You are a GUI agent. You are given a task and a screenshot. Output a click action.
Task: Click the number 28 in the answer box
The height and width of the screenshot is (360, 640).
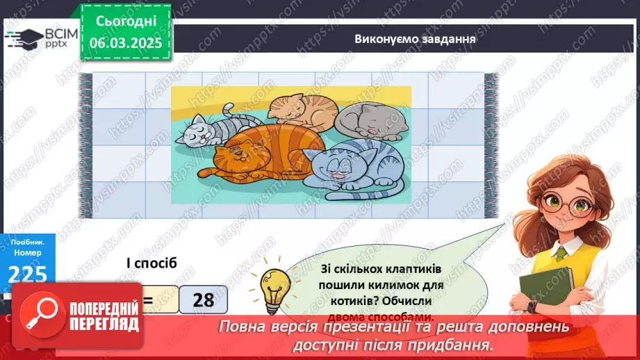pyautogui.click(x=203, y=300)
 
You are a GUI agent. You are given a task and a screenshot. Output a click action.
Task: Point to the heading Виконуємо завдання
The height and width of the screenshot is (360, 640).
pyautogui.click(x=414, y=39)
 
